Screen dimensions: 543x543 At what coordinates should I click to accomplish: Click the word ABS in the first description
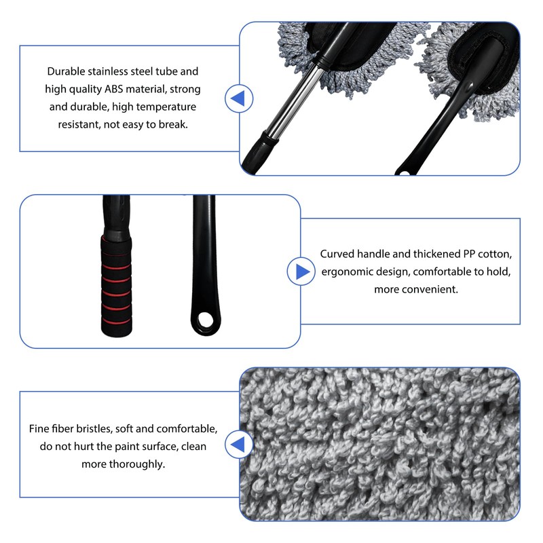(113, 89)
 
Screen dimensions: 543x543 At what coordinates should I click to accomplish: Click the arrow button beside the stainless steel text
(239, 98)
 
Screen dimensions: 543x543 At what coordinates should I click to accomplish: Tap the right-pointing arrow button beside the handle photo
(301, 271)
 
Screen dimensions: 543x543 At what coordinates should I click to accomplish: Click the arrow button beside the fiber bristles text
(239, 445)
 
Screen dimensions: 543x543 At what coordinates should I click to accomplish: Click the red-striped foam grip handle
(116, 285)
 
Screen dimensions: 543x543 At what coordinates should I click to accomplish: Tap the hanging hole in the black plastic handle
(206, 319)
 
